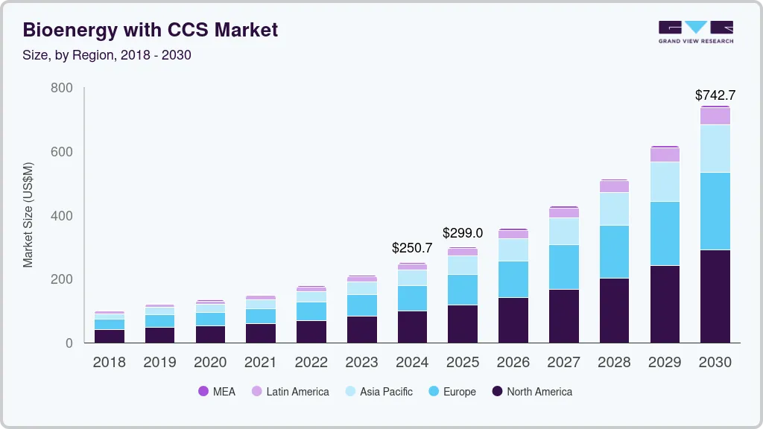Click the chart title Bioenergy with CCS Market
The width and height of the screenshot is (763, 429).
[x=151, y=30]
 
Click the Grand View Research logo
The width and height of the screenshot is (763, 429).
[x=695, y=32]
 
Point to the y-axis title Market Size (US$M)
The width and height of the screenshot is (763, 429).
[x=28, y=214]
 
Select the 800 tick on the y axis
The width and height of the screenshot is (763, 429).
[x=62, y=88]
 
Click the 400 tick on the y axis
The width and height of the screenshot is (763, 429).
[x=62, y=216]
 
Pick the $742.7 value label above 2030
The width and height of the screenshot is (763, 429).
[x=715, y=95]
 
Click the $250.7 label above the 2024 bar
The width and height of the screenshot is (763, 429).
[x=412, y=248]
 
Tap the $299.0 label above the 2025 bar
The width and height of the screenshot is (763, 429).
[x=463, y=232]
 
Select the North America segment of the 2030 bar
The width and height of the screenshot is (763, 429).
[x=715, y=296]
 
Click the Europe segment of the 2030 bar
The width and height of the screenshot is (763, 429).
[x=715, y=211]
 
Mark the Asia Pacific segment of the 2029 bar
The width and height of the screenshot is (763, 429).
[x=665, y=182]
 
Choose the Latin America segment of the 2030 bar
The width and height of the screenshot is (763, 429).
[x=715, y=116]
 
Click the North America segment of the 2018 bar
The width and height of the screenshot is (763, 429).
[x=110, y=336]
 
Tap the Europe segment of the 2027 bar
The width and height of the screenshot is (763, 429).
[x=563, y=267]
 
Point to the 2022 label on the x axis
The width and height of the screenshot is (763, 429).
[x=311, y=363]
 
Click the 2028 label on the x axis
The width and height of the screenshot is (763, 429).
[x=614, y=363]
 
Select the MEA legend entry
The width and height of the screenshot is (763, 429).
[x=216, y=392]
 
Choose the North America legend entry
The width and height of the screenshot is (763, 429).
[x=532, y=392]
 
